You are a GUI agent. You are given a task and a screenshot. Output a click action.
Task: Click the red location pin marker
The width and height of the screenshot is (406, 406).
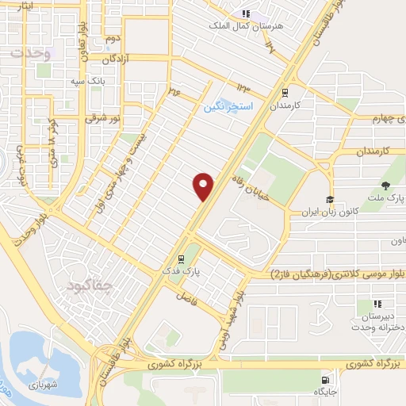coord(204,186)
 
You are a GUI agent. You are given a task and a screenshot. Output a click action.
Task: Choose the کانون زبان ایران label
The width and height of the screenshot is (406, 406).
coord(329,212)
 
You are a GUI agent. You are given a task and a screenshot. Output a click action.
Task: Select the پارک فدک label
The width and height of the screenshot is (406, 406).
coord(183,272)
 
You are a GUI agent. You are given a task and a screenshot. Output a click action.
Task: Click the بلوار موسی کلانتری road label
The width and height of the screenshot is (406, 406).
coord(328,274)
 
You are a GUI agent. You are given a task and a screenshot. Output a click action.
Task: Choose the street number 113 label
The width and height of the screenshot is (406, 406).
coord(242,85)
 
